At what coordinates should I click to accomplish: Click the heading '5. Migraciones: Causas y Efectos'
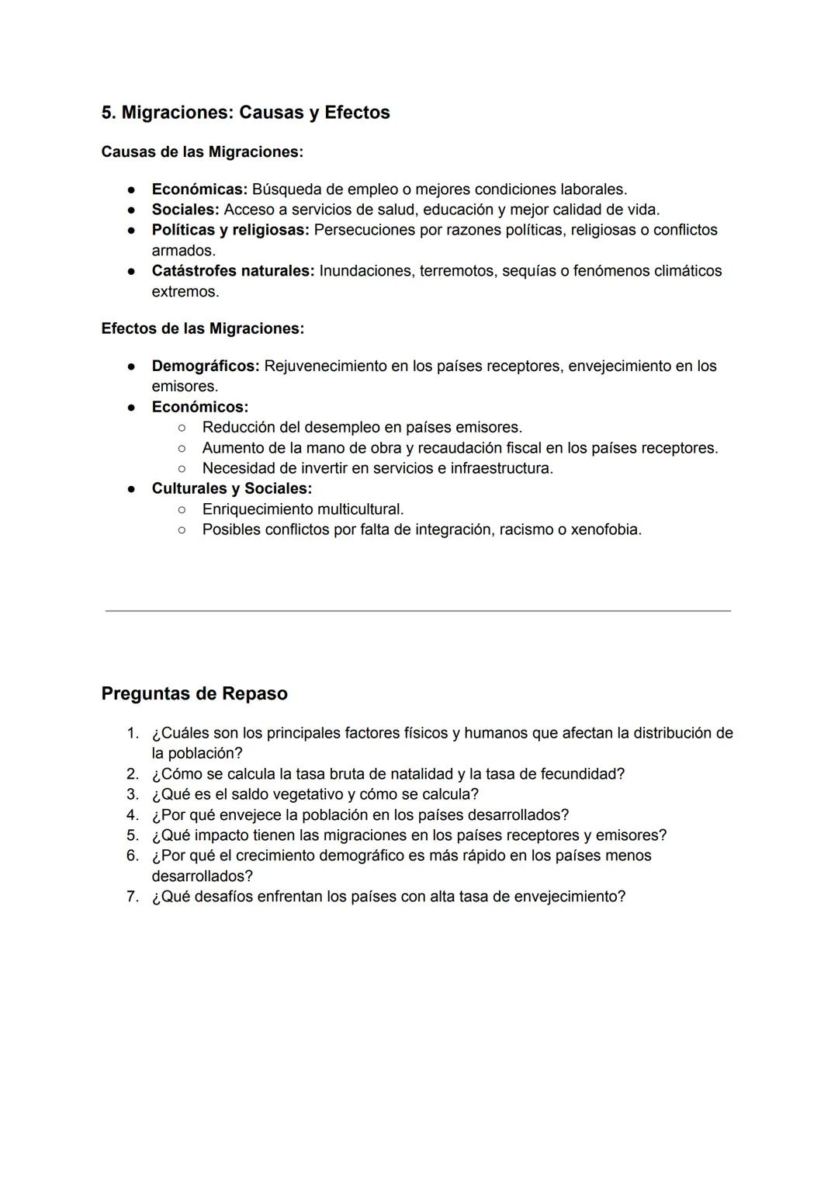[x=245, y=113]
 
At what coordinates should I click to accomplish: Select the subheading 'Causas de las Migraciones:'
[x=202, y=152]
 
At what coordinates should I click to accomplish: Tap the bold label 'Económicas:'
[x=199, y=189]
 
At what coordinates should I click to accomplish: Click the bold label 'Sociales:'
[x=185, y=210]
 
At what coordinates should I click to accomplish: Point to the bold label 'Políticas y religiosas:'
[x=230, y=230]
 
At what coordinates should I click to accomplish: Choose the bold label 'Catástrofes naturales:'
[x=233, y=271]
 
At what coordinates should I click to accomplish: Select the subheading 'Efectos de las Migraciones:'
[x=203, y=328]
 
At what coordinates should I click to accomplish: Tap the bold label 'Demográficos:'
[x=206, y=366]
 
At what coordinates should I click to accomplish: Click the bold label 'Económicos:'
[x=199, y=407]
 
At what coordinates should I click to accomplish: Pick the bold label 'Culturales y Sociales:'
[x=231, y=488]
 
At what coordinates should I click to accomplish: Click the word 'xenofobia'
[x=604, y=530]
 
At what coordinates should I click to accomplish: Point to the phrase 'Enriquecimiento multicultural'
[x=302, y=509]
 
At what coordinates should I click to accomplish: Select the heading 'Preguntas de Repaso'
[x=194, y=693]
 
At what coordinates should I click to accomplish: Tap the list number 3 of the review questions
[x=132, y=794]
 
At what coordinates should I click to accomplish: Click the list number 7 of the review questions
[x=132, y=897]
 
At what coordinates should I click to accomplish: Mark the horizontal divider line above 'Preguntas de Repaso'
[x=418, y=611]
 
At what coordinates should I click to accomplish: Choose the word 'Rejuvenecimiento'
[x=325, y=366]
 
